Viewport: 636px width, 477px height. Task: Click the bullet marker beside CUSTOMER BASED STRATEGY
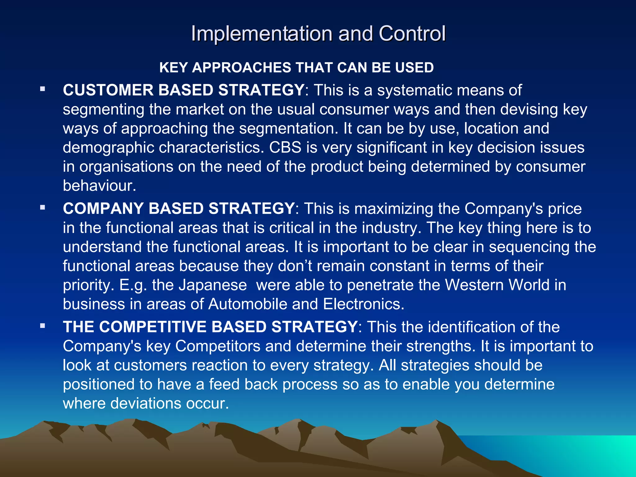point(43,89)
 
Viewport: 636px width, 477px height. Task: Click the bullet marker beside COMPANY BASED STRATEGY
point(43,207)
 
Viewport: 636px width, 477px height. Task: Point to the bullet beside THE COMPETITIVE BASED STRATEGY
point(43,326)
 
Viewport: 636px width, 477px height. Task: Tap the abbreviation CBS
point(285,147)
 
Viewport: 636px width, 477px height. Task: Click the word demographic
point(108,148)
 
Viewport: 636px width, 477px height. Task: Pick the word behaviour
point(99,186)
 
